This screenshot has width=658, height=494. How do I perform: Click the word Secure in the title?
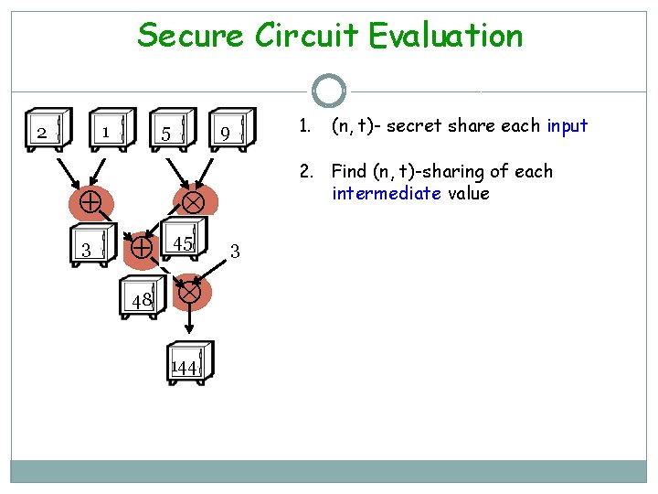pos(190,37)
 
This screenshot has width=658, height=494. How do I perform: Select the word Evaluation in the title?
pos(446,37)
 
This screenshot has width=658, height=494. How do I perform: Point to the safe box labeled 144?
pos(188,366)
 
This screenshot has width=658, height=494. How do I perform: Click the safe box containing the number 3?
pos(91,248)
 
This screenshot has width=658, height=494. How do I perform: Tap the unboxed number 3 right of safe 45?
pos(235,250)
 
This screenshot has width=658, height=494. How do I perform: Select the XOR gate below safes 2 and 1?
pos(90,202)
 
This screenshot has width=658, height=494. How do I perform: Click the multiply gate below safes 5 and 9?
pos(193,200)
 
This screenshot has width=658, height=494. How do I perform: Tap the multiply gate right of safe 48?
pos(189,293)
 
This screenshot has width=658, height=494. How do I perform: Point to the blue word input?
pos(567,125)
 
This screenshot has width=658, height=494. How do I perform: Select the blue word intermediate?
pos(385,193)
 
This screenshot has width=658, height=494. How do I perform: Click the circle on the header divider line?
pos(328,91)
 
